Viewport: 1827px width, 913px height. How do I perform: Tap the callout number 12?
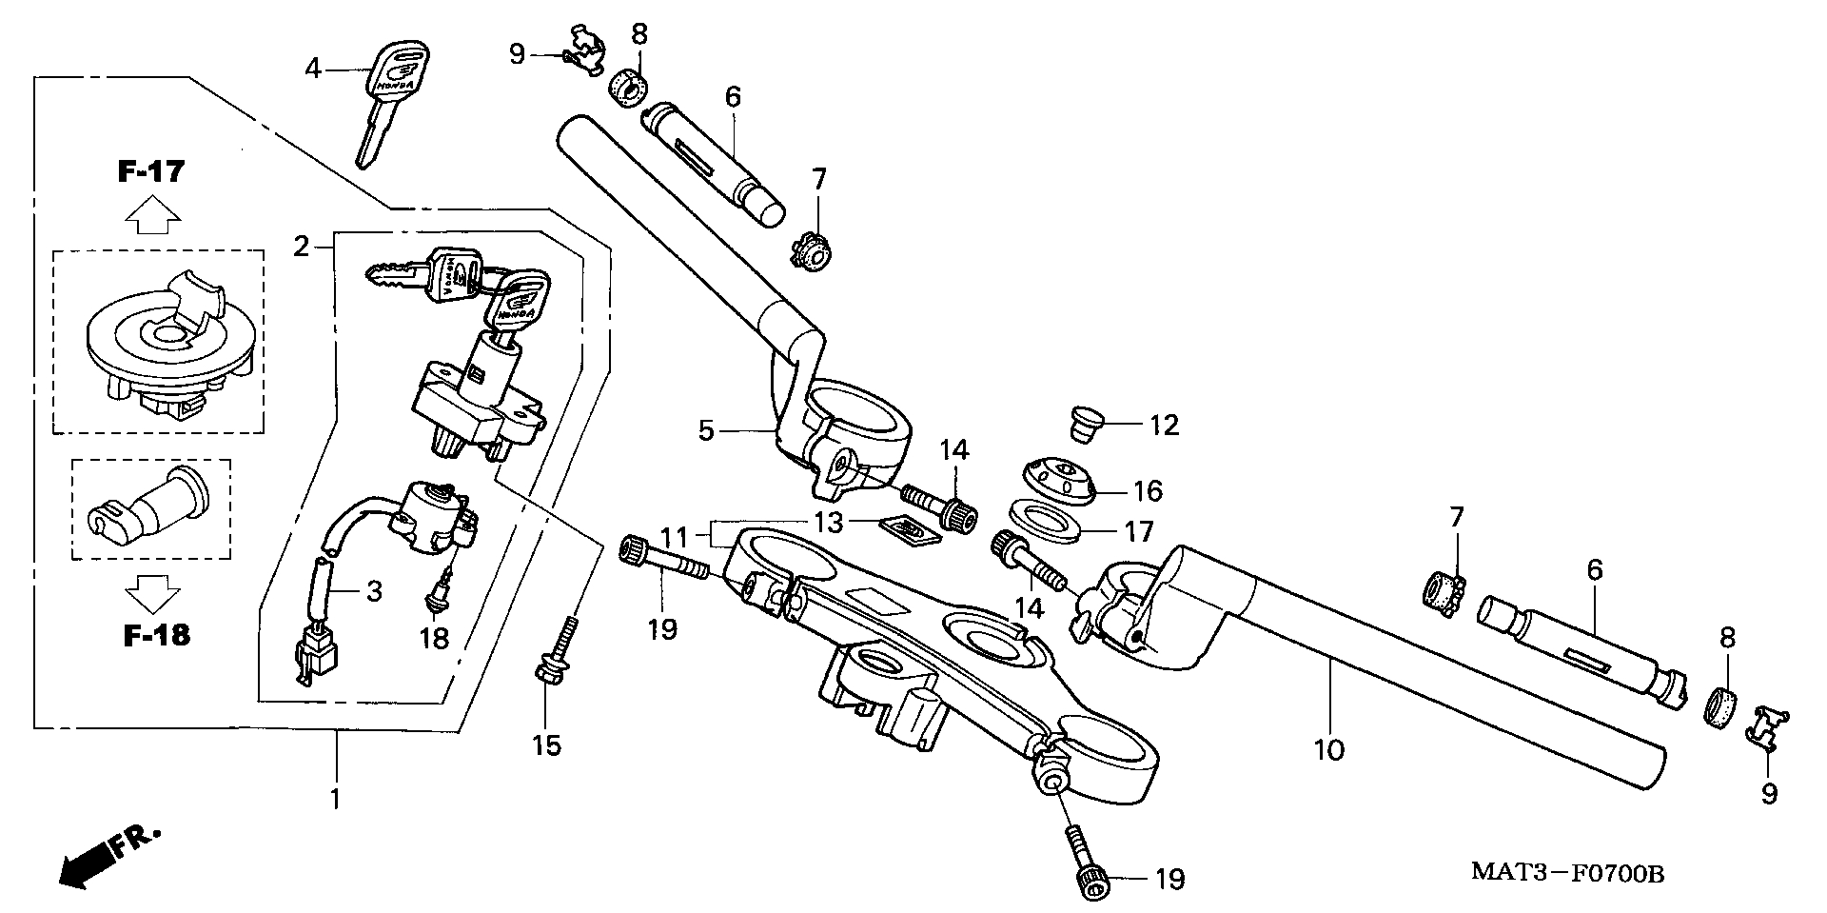pyautogui.click(x=1164, y=426)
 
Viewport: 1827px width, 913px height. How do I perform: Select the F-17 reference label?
pyautogui.click(x=151, y=172)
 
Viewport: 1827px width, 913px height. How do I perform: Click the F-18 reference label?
pyautogui.click(x=156, y=635)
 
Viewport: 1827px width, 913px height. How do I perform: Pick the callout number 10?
pyautogui.click(x=1329, y=750)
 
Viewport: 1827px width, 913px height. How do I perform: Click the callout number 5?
pyautogui.click(x=705, y=431)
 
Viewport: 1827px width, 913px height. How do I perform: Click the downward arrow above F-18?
pyautogui.click(x=153, y=592)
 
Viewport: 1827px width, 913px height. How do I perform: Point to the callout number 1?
pyautogui.click(x=335, y=798)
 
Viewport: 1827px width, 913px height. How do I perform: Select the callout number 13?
pyautogui.click(x=828, y=522)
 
